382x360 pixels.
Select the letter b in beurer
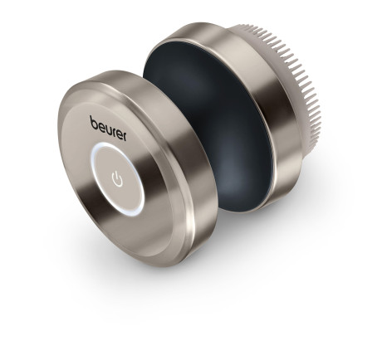94,123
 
